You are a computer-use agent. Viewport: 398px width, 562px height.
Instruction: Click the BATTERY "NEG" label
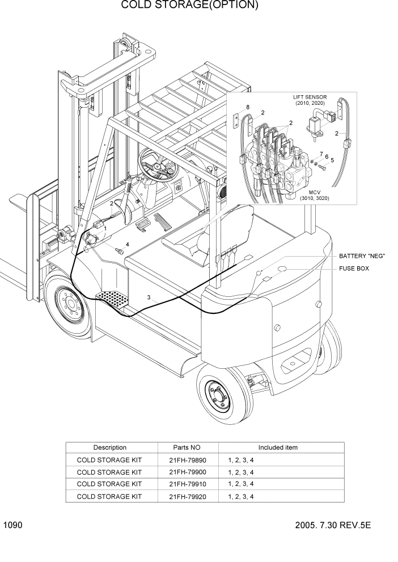point(362,256)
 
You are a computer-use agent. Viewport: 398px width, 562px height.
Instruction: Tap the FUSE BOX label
point(354,269)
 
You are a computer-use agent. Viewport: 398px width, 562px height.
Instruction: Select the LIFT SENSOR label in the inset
point(310,100)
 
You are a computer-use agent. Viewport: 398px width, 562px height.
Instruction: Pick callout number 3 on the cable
point(149,297)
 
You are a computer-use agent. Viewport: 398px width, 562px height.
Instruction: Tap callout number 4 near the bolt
point(127,244)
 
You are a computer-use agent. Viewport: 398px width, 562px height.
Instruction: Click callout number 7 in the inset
point(321,154)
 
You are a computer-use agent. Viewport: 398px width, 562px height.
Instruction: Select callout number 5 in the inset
point(332,160)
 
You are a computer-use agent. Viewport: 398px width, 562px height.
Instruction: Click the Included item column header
point(278,448)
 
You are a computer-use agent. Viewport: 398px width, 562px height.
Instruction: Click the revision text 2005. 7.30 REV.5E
point(332,526)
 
